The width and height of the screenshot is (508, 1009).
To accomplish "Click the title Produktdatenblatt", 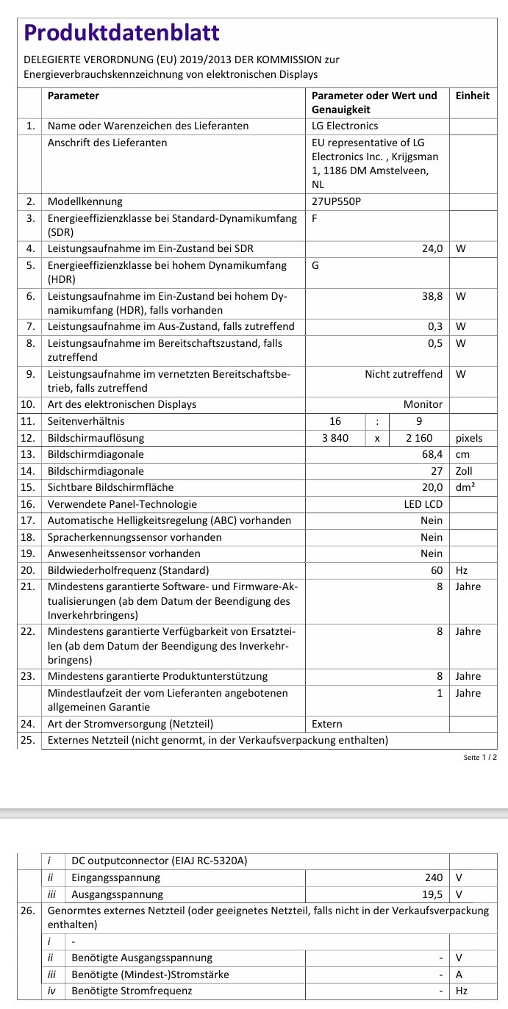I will pyautogui.click(x=122, y=32).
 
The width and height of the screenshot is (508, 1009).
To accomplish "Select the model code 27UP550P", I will pyautogui.click(x=337, y=201).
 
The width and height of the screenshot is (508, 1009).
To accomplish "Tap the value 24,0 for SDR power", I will pyautogui.click(x=432, y=249).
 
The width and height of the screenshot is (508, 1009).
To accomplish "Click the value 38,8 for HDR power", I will pyautogui.click(x=432, y=297).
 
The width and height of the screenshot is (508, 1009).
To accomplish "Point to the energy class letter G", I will pyautogui.click(x=315, y=265).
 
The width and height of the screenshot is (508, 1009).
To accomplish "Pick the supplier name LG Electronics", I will pyautogui.click(x=345, y=126).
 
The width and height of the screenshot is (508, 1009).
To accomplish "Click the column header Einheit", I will pyautogui.click(x=472, y=96).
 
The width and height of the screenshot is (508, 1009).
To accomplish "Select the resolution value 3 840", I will pyautogui.click(x=335, y=438).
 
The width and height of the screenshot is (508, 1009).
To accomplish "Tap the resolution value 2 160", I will pyautogui.click(x=416, y=438).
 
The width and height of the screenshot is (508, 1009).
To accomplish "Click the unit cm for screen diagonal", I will pyautogui.click(x=462, y=454).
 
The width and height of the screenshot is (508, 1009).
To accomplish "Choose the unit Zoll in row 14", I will pyautogui.click(x=464, y=471).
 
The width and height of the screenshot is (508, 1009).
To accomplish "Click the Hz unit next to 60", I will pyautogui.click(x=461, y=570).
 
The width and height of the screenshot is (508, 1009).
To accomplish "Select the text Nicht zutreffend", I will pyautogui.click(x=404, y=374).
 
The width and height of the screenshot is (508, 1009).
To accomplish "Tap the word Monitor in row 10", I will pyautogui.click(x=423, y=404).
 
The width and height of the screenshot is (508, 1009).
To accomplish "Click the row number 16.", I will pyautogui.click(x=28, y=504).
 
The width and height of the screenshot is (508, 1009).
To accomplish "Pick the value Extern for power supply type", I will pyautogui.click(x=327, y=724).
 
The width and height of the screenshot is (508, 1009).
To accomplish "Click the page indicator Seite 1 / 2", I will pyautogui.click(x=481, y=757).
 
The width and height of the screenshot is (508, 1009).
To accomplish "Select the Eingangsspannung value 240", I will pyautogui.click(x=434, y=877).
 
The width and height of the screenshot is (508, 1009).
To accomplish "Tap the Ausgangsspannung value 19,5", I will pyautogui.click(x=432, y=894).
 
